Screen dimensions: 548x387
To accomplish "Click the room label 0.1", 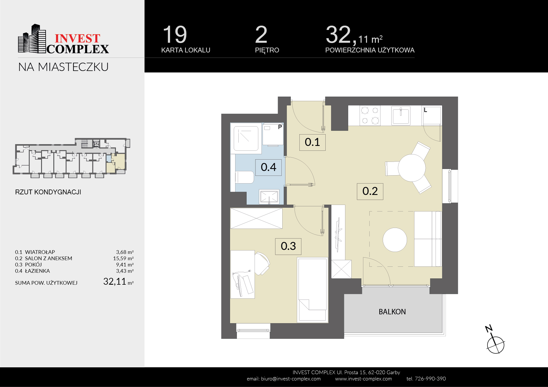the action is (x=312, y=142).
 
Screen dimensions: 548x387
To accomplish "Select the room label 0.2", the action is (x=370, y=191).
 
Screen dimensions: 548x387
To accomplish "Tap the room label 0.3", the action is (x=288, y=246).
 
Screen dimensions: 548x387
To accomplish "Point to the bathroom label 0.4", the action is (x=268, y=167).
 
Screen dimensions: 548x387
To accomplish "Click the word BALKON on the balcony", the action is (x=392, y=312).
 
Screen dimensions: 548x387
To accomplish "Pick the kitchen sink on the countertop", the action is (x=401, y=116).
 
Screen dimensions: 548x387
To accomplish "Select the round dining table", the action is (x=412, y=168).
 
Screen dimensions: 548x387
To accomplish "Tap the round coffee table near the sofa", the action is (x=395, y=240).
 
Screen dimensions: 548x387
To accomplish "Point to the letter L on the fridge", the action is (x=425, y=110).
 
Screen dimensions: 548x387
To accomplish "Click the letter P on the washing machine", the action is (x=280, y=127).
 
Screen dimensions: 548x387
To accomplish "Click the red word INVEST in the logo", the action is (x=77, y=38).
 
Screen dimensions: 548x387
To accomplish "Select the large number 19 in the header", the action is (x=175, y=34).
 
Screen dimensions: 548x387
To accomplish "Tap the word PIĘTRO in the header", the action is (x=267, y=50).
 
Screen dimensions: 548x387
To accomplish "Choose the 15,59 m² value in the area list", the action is (x=123, y=258).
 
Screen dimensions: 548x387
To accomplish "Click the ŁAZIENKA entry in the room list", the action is (x=37, y=271).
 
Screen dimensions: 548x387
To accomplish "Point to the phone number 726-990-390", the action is (x=430, y=379).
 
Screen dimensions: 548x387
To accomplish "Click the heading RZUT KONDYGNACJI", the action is (x=48, y=192).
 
